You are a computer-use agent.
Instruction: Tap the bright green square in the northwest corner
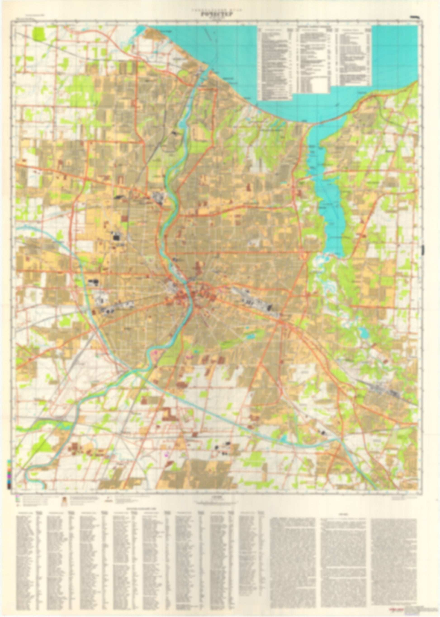[x=40, y=34]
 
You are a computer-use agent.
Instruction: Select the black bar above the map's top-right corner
[x=414, y=17]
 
